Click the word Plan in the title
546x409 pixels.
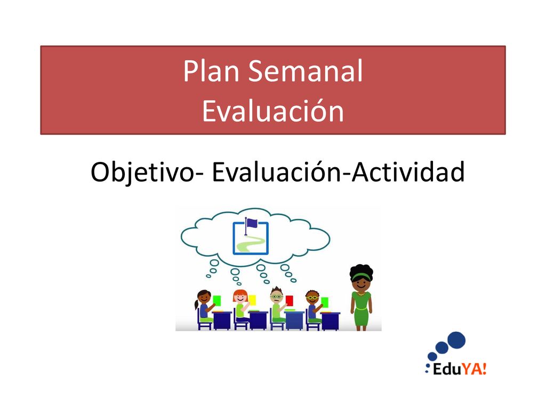coord(211,71)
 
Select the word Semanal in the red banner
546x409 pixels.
coord(306,71)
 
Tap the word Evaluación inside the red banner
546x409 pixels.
coord(273,111)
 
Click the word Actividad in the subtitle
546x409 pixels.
coord(408,172)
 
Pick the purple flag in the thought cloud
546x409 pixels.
coord(251,222)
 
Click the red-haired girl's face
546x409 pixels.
coord(240,298)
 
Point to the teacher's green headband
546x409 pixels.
coord(361,276)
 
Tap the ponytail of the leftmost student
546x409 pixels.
coord(196,305)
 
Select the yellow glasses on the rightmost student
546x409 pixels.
coord(312,297)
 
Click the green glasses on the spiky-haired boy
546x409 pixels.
coord(277,297)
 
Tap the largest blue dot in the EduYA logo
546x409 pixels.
coord(456,340)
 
